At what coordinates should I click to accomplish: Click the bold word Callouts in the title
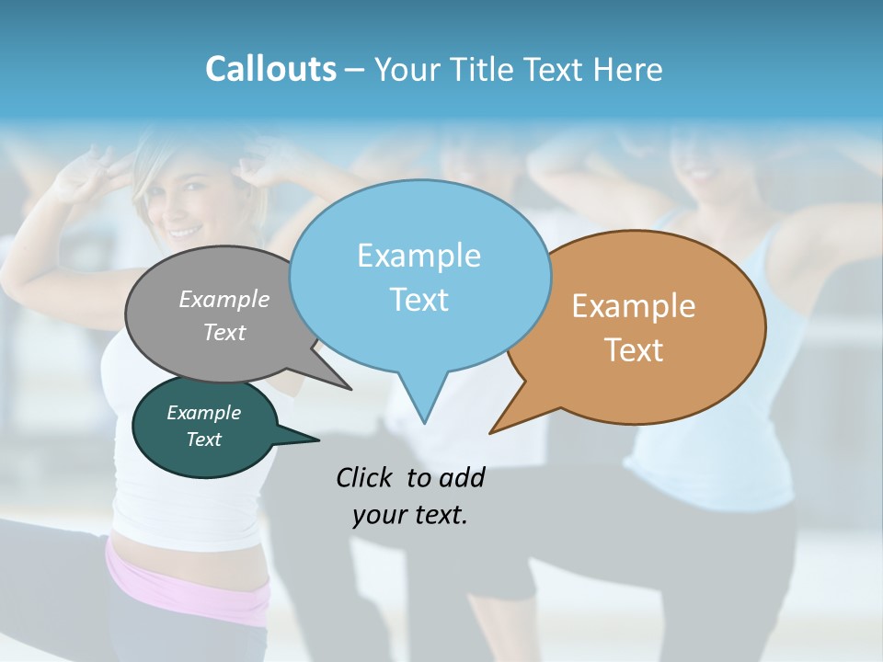pyautogui.click(x=270, y=69)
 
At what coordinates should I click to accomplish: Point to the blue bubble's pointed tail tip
pyautogui.click(x=424, y=423)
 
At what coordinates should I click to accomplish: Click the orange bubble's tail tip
pyautogui.click(x=491, y=432)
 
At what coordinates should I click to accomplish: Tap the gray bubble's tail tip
pyautogui.click(x=350, y=389)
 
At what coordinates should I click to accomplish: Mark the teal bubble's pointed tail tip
pyautogui.click(x=318, y=439)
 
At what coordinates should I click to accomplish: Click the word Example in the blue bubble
pyautogui.click(x=419, y=256)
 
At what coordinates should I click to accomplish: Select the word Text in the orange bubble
pyautogui.click(x=633, y=350)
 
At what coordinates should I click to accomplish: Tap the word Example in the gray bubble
pyautogui.click(x=224, y=299)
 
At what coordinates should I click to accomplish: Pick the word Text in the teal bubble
pyautogui.click(x=203, y=439)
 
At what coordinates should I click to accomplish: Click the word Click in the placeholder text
pyautogui.click(x=367, y=477)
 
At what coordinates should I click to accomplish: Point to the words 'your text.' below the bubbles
pyautogui.click(x=409, y=515)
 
